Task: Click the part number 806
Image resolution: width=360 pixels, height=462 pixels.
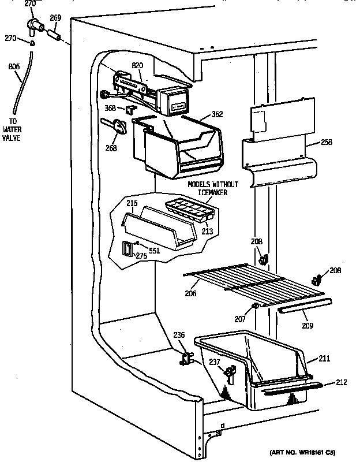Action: [14, 66]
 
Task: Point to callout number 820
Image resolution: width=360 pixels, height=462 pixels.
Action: [137, 65]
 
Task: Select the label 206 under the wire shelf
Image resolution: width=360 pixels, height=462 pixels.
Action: [190, 293]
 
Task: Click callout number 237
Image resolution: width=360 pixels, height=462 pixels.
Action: [214, 363]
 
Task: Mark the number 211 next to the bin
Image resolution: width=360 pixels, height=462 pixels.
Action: [324, 360]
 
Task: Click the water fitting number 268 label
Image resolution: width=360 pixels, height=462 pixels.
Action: [111, 148]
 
